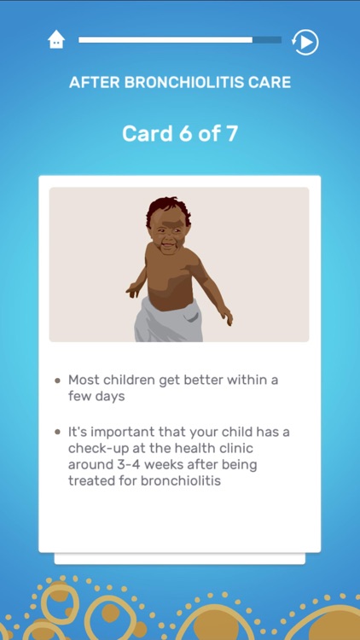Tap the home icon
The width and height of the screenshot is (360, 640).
point(56,39)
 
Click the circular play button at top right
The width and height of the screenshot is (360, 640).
point(305,41)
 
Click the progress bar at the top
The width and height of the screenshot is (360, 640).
point(179,39)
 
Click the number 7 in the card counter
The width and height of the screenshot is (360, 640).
point(231,134)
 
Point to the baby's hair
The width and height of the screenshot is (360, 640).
point(168,206)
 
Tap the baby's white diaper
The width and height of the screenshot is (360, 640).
point(170,322)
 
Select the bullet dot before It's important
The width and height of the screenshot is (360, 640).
point(57,433)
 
